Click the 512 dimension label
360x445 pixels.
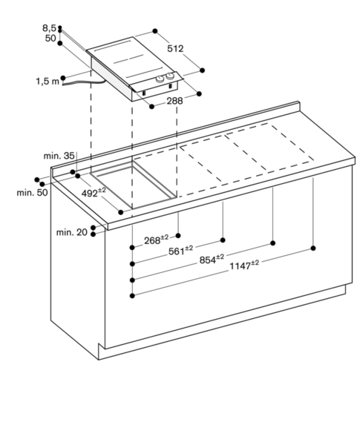[175, 48]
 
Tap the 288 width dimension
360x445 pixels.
[174, 101]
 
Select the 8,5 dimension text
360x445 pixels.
[49, 28]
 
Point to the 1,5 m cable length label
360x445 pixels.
[48, 82]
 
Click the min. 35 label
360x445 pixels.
[59, 156]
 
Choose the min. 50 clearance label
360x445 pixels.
[32, 192]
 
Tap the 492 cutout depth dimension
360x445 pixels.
[94, 192]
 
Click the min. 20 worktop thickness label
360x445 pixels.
[71, 232]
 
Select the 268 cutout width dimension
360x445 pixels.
[156, 240]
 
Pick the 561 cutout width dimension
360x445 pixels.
[180, 251]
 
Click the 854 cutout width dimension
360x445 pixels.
[212, 259]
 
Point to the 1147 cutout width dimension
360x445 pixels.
[244, 266]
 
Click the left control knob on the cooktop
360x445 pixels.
[160, 79]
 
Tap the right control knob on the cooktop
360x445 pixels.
[170, 76]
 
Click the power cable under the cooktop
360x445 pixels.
[84, 82]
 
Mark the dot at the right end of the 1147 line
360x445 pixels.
[313, 248]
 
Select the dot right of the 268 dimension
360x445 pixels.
[178, 236]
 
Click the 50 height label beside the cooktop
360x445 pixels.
[50, 38]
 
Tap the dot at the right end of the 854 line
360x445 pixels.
[273, 243]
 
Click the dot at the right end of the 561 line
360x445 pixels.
[223, 240]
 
